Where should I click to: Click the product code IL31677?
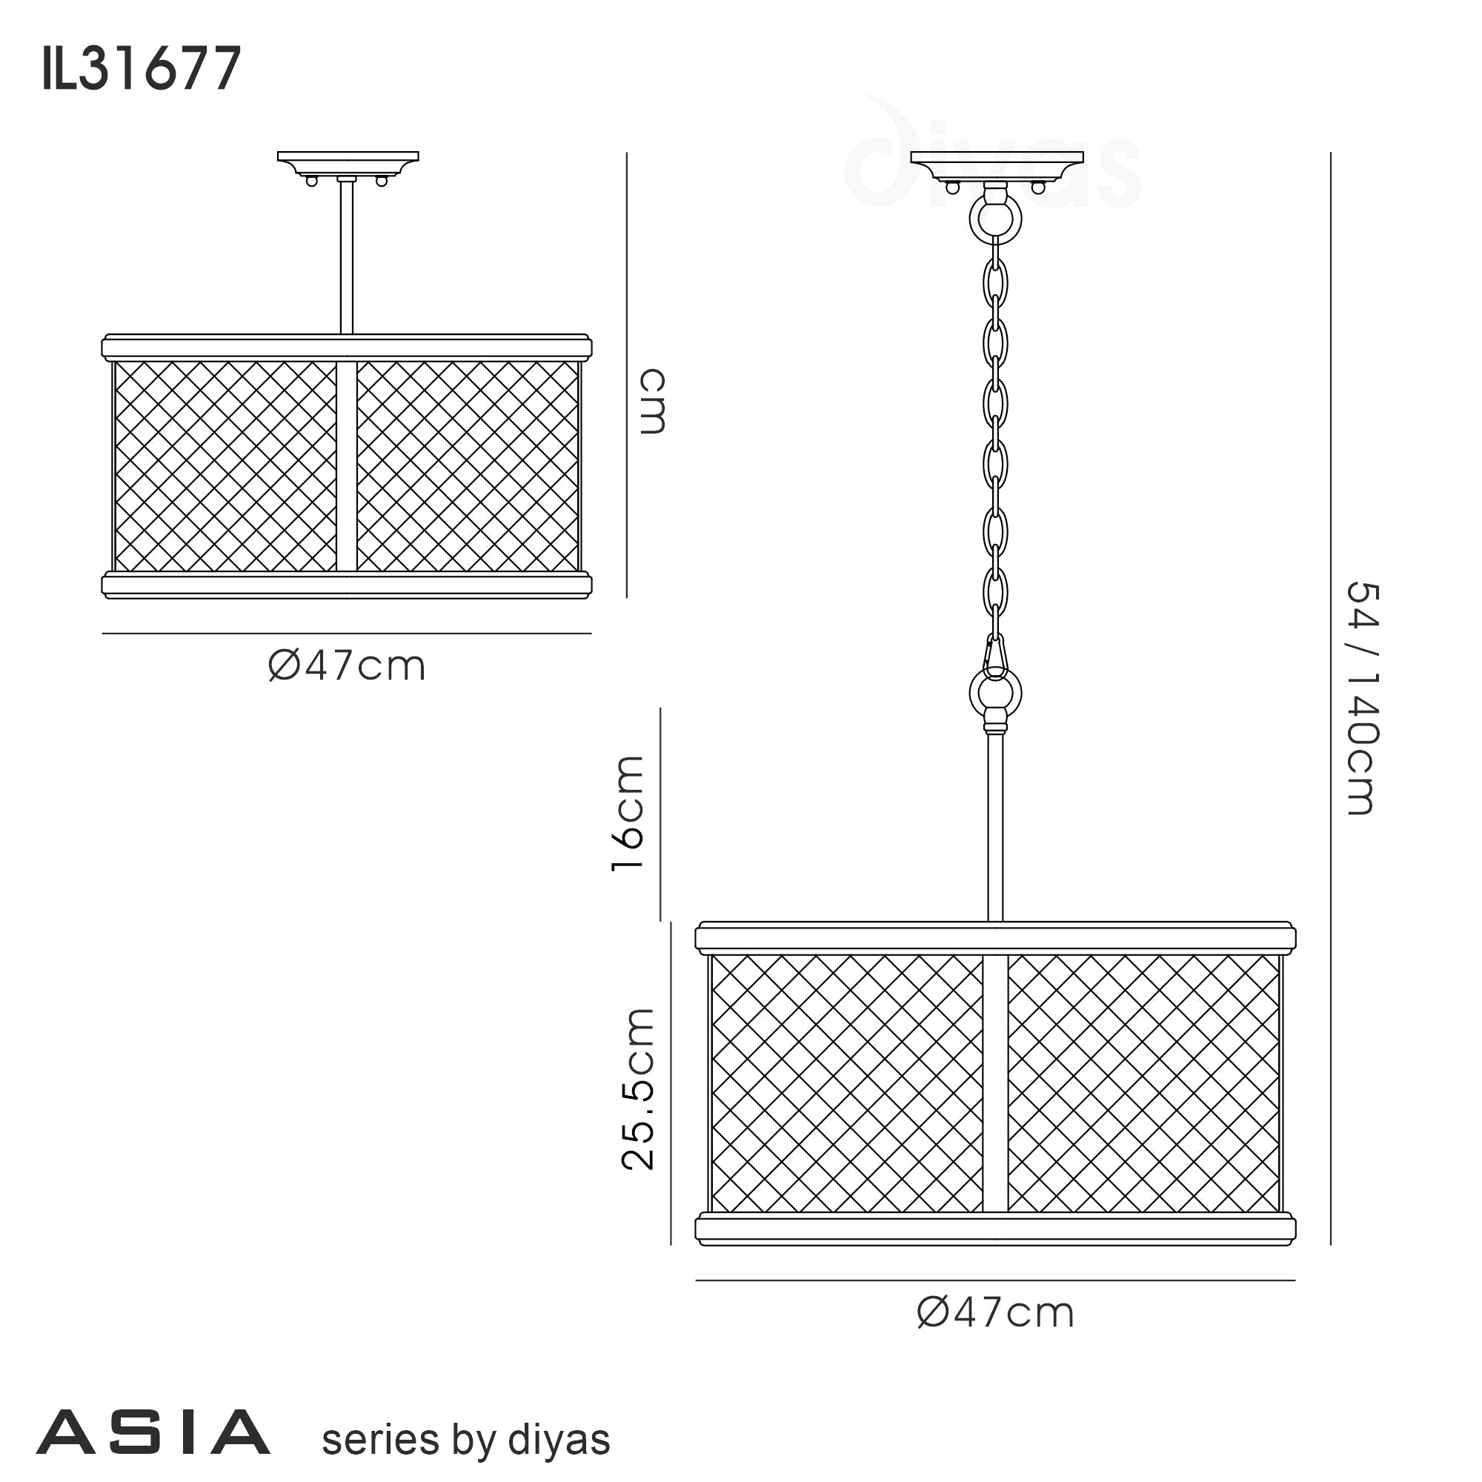point(142,70)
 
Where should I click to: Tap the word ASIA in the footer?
point(153,1432)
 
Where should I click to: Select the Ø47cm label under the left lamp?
point(347,666)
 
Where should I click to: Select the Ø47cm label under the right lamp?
point(996,1312)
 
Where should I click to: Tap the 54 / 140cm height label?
point(1363,697)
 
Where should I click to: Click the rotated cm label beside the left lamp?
point(653,401)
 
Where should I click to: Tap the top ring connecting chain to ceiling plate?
point(996,218)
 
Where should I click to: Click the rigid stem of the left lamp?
point(347,257)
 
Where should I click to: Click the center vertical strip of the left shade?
point(347,465)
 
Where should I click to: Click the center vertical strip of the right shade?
point(995,1083)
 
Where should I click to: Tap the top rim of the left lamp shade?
point(347,348)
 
